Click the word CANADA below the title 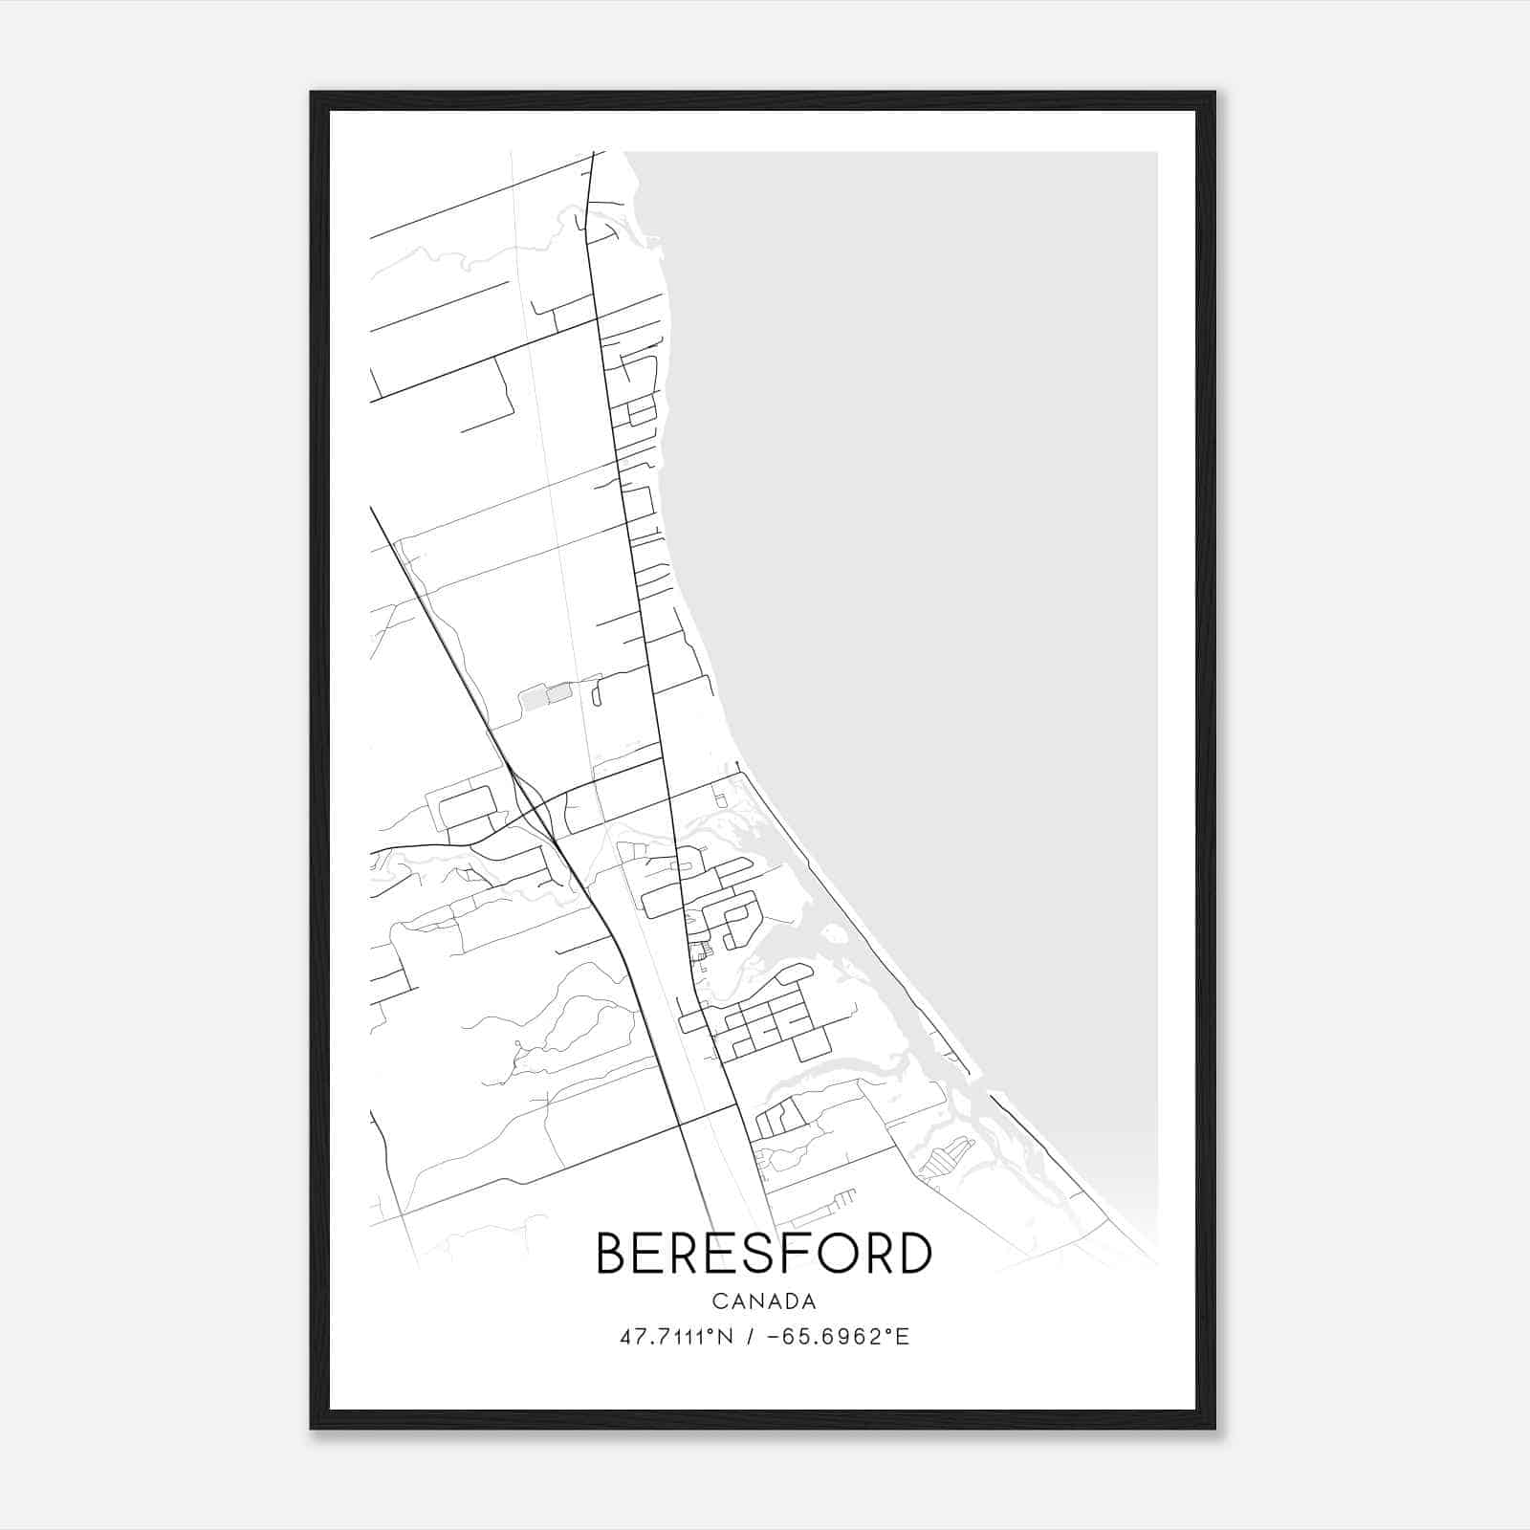point(764,1301)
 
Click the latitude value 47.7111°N point(676,1337)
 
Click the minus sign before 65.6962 point(776,1337)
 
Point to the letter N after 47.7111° point(726,1337)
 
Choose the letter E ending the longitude point(903,1337)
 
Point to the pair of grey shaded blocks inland point(545,696)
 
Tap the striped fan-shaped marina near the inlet point(947,1157)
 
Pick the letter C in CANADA point(717,1301)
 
